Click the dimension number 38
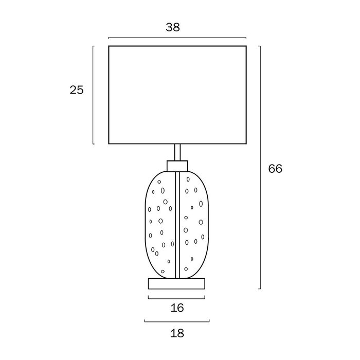click(173, 27)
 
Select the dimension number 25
click(77, 90)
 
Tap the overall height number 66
click(275, 169)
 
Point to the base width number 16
click(177, 308)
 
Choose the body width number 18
click(177, 333)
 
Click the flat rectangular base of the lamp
click(176, 283)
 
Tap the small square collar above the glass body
click(177, 166)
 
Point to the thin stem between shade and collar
click(177, 152)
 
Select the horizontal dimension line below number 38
click(177, 37)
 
